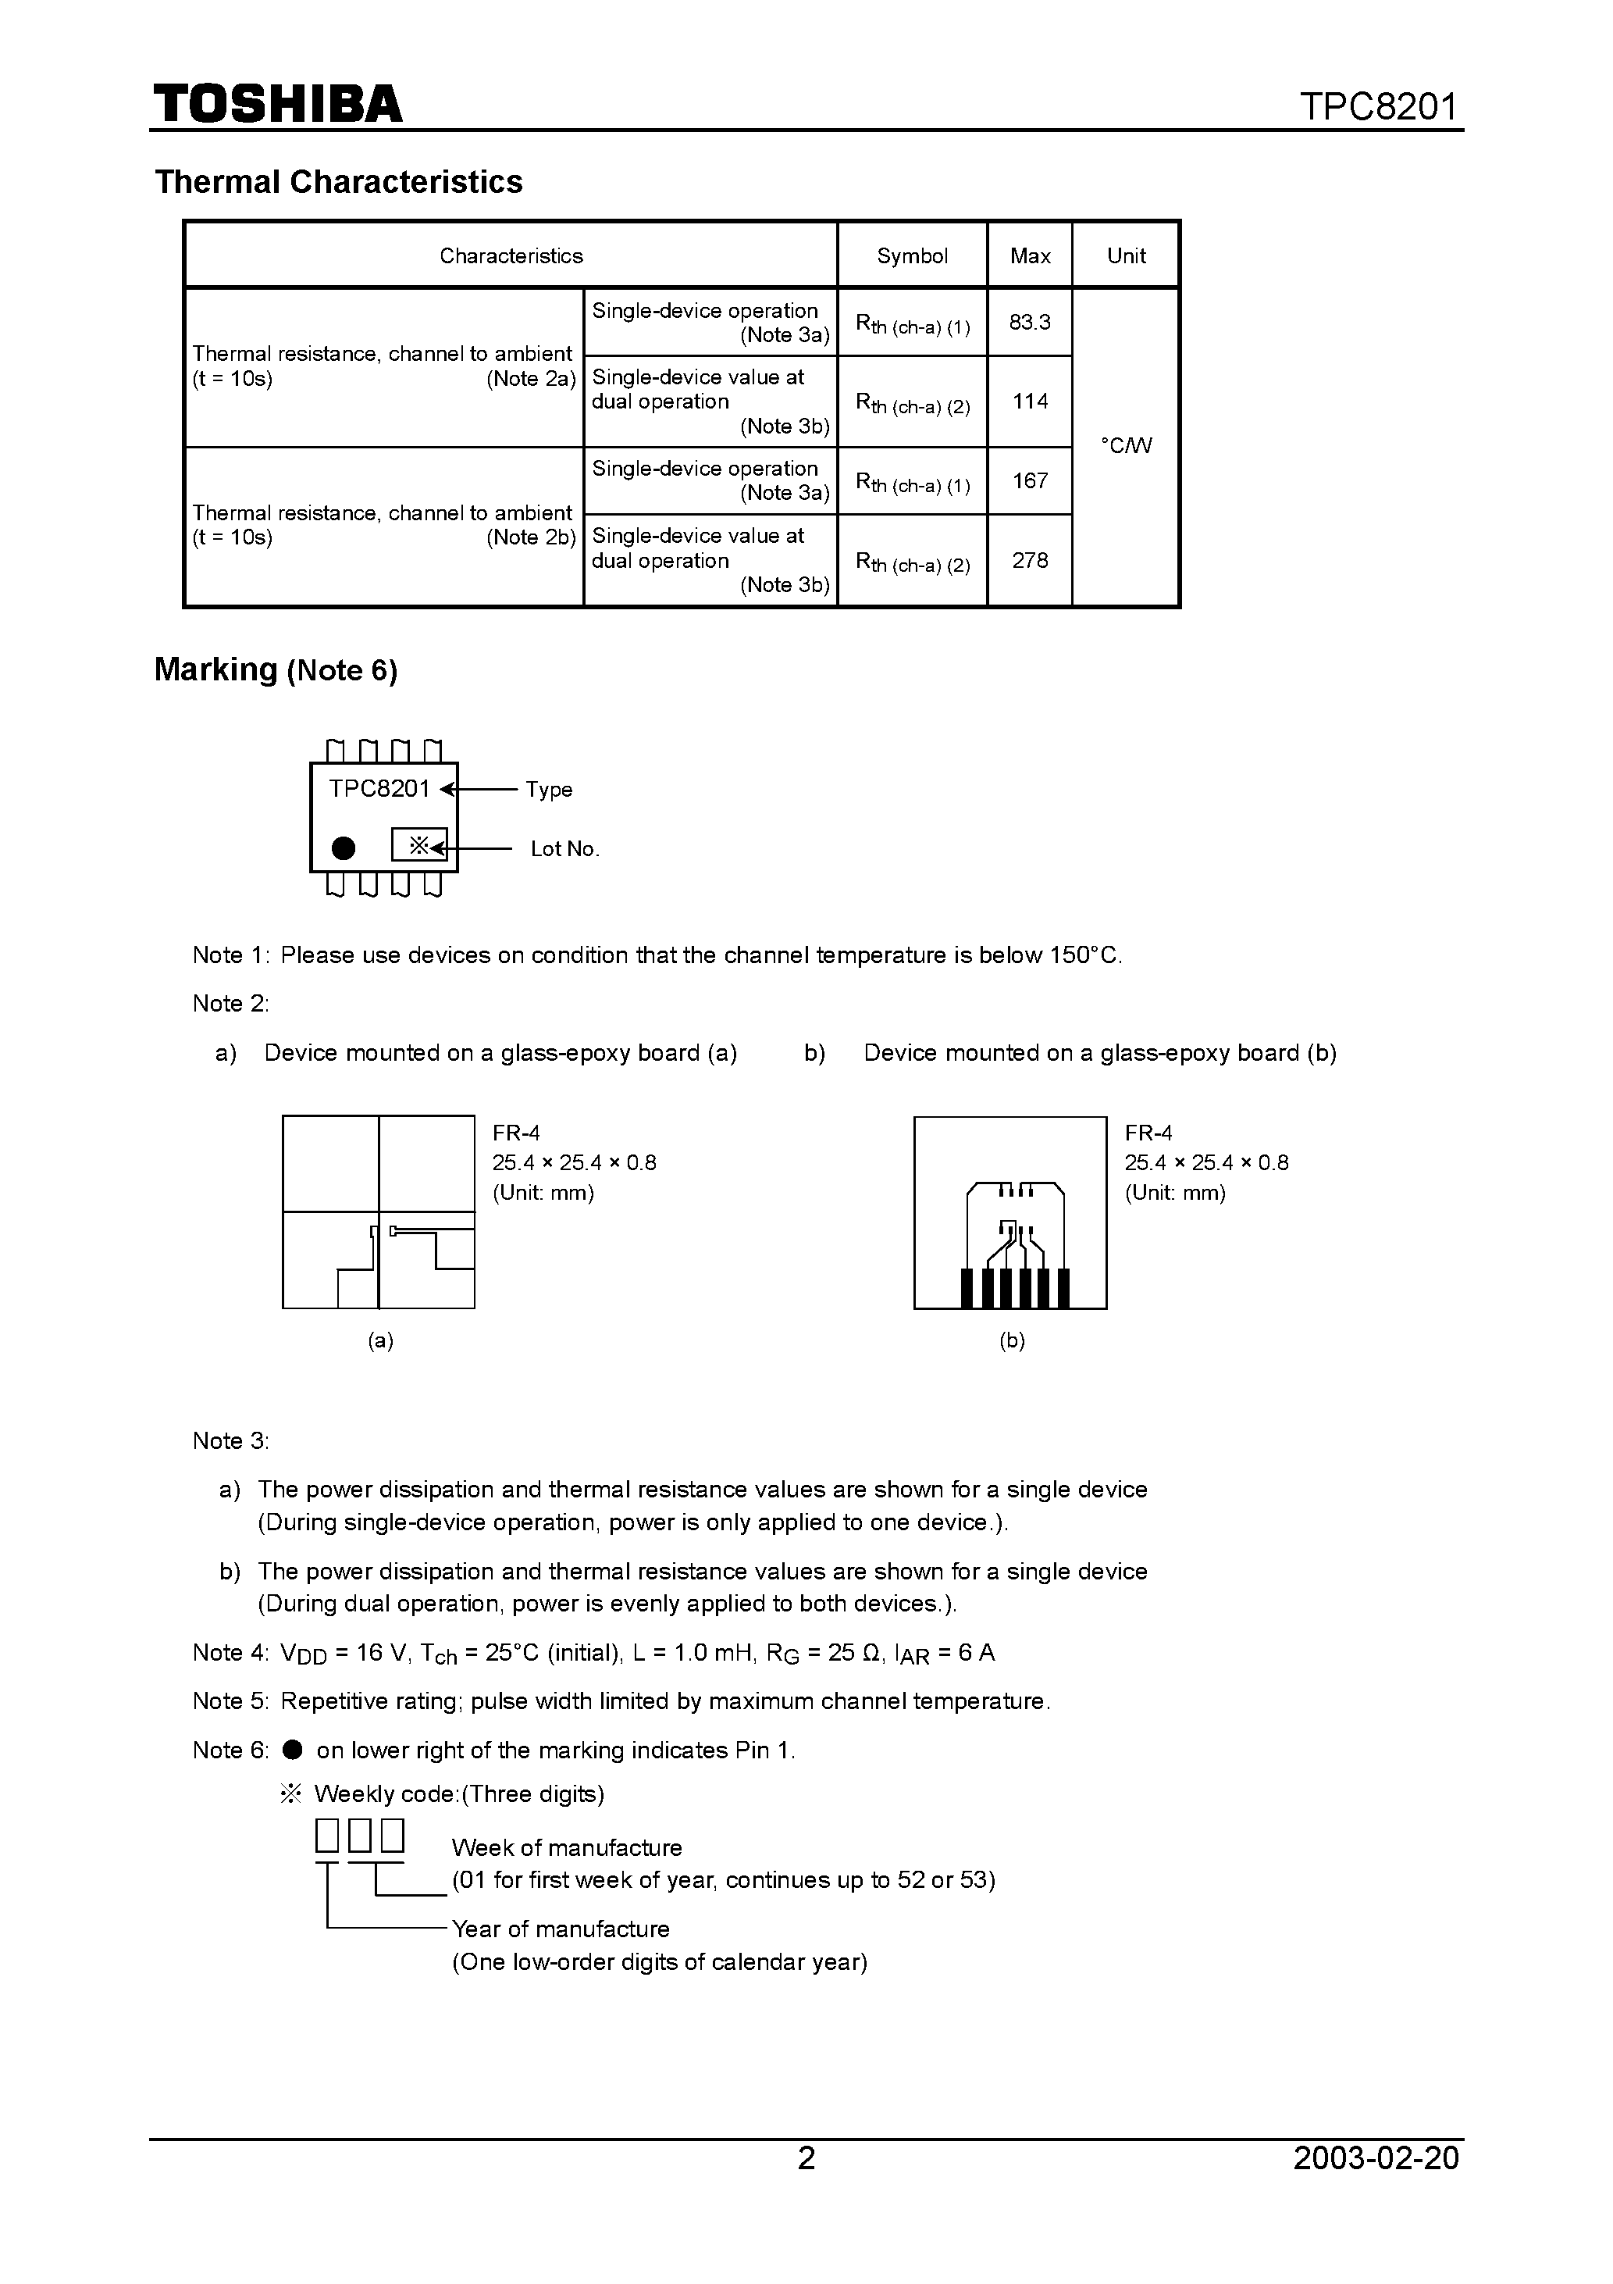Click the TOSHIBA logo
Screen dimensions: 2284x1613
point(277,103)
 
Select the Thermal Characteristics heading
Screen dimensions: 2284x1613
point(338,182)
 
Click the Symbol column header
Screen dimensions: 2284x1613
point(912,255)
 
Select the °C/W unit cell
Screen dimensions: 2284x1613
point(1126,446)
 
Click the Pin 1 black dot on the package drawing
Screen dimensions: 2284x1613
point(343,848)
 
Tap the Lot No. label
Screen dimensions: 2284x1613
point(564,848)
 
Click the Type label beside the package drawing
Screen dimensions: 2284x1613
point(549,790)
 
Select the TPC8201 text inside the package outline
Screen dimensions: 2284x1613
point(379,789)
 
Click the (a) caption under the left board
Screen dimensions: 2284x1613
point(380,1341)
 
